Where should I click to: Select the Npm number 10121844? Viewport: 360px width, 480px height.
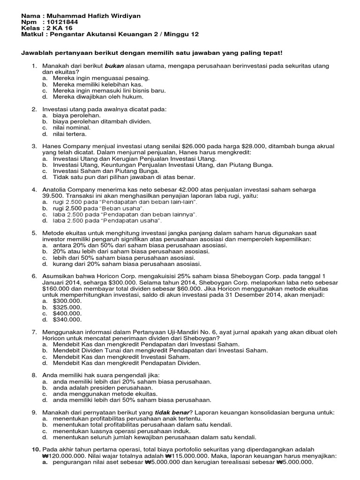(60, 22)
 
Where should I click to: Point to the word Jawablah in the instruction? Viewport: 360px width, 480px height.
(37, 53)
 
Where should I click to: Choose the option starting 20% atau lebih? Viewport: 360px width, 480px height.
(131, 251)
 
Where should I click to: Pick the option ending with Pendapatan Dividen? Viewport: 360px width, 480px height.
(127, 363)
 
